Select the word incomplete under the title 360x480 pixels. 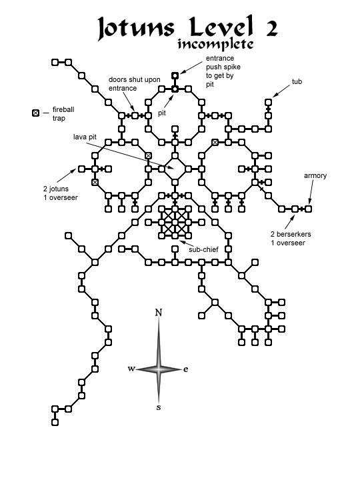(215, 44)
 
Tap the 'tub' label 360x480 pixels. (297, 81)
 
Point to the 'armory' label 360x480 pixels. (315, 176)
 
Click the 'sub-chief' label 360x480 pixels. (203, 249)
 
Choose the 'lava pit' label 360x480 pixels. (85, 137)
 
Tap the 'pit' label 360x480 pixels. (161, 113)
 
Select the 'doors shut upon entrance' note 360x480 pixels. (135, 84)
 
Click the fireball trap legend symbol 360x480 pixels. (36, 113)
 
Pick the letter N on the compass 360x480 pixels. (158, 313)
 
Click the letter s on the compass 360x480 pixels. (158, 407)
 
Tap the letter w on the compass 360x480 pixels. (131, 369)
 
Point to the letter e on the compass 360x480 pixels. (185, 369)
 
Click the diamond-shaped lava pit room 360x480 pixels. (175, 169)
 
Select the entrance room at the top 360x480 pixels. (175, 75)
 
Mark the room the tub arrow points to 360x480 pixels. (268, 102)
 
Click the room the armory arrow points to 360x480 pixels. (308, 209)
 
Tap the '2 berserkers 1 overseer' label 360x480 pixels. (291, 239)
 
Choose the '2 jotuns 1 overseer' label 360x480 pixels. (60, 193)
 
